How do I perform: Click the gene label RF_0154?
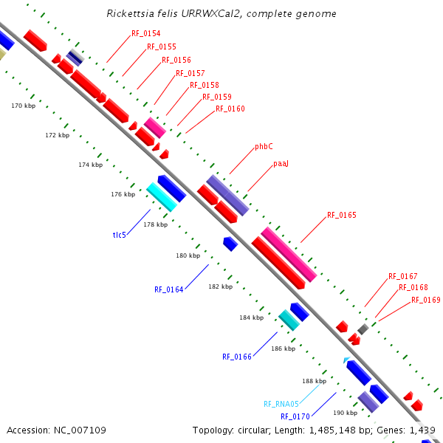click(x=146, y=33)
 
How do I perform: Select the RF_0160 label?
click(x=230, y=109)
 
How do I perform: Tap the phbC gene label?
click(x=264, y=146)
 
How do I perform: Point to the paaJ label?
click(x=281, y=164)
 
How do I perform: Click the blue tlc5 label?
click(x=119, y=235)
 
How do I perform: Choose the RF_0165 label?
click(x=342, y=215)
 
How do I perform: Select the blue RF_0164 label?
click(x=169, y=289)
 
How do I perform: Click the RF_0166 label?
click(x=237, y=357)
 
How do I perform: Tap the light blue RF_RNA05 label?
click(x=281, y=404)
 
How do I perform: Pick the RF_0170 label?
click(x=295, y=416)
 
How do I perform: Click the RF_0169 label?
click(x=426, y=300)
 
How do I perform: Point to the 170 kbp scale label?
click(x=24, y=106)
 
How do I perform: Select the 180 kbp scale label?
click(x=188, y=255)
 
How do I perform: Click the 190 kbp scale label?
click(x=346, y=413)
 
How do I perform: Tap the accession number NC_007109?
click(x=80, y=430)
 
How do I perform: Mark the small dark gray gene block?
click(x=363, y=329)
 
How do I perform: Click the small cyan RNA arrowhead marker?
click(x=346, y=360)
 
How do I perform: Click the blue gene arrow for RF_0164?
click(x=230, y=244)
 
